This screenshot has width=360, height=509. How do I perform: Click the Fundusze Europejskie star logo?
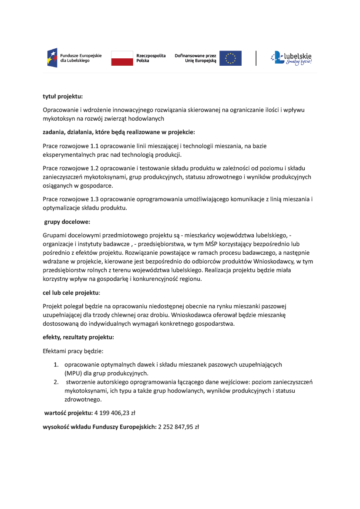tap(52, 58)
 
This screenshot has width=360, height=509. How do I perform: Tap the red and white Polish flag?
tap(122, 58)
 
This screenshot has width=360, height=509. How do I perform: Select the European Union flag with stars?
tap(230, 58)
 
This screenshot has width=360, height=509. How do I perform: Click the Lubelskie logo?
tap(291, 58)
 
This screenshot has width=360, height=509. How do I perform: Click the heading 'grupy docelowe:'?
tap(67, 222)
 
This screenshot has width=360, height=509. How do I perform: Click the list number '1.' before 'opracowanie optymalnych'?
tap(56, 364)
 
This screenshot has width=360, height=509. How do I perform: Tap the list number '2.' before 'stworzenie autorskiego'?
tap(56, 382)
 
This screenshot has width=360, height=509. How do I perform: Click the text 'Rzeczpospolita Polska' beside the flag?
tap(151, 58)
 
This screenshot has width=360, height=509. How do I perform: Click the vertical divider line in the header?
tap(256, 58)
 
